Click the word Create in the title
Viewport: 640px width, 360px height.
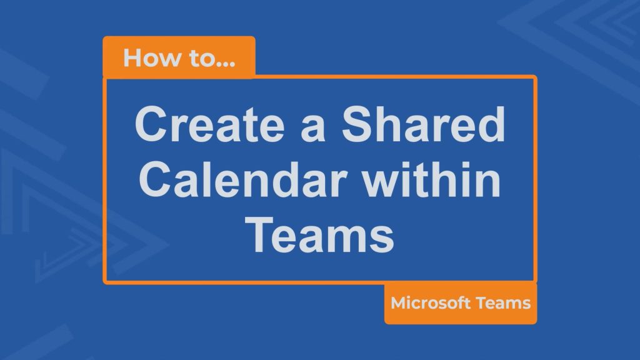pos(209,124)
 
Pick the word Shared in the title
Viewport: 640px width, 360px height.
pos(423,124)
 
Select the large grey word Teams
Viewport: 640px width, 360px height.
pos(319,235)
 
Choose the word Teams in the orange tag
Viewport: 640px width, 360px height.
pos(503,303)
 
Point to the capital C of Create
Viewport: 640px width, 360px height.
pos(152,124)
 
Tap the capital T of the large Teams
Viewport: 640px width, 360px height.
pos(261,235)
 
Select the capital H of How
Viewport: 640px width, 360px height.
pos(132,58)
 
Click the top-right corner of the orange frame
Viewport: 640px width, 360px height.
pos(535,77)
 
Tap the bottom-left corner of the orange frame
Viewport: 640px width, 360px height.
pos(105,282)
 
